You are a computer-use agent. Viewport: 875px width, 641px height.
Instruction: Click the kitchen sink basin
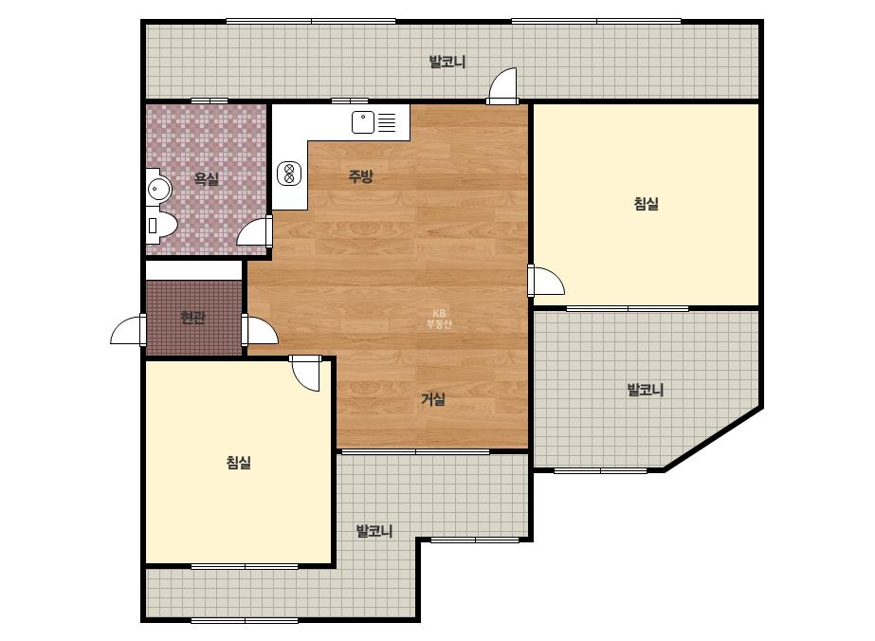(363, 122)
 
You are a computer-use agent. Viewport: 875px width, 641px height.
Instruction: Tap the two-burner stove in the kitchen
(289, 174)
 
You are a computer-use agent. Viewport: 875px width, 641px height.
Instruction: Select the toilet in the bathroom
(161, 225)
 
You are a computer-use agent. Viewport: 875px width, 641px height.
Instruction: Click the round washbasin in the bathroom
(159, 190)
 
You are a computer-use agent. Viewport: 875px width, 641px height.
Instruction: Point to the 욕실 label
(207, 179)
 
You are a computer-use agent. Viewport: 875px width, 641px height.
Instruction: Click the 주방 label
(360, 176)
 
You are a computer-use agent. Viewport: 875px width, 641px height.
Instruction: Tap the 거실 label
(433, 399)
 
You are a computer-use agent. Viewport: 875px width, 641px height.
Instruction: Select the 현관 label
(193, 318)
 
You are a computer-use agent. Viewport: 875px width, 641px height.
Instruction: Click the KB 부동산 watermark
(439, 319)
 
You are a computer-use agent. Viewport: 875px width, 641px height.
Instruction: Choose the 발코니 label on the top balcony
(447, 62)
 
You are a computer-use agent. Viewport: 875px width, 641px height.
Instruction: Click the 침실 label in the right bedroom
(647, 203)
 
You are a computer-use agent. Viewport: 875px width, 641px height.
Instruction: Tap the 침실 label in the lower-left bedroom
(239, 463)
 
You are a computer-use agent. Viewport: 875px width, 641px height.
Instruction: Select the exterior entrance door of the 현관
(127, 329)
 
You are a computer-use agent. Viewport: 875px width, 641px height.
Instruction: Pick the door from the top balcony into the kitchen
(502, 85)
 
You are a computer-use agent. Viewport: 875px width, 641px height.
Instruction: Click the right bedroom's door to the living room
(547, 281)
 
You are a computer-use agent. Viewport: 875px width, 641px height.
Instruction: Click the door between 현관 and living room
(260, 329)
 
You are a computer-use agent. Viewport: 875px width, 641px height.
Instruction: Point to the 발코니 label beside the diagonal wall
(646, 390)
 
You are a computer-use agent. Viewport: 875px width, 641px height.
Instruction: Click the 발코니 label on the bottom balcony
(374, 531)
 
